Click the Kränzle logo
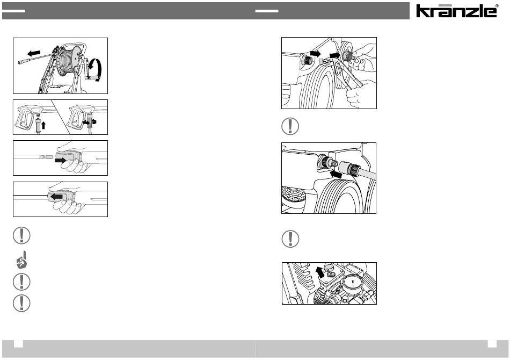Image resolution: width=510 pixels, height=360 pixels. point(456,11)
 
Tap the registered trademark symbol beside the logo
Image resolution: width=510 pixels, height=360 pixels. point(497,6)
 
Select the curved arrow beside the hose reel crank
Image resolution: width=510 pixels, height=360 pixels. point(96,69)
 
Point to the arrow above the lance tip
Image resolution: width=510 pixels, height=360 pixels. point(34,53)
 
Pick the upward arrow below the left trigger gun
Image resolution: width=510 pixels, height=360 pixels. point(43,125)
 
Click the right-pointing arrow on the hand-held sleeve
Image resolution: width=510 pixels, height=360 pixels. point(61,160)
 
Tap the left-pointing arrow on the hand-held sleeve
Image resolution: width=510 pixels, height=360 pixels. point(57,197)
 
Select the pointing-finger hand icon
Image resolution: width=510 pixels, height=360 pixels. point(21,260)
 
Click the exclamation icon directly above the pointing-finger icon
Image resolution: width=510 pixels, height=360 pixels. point(21,235)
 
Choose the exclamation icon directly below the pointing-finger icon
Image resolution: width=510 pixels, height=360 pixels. point(21,282)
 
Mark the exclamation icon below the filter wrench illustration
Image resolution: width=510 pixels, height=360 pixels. point(290,126)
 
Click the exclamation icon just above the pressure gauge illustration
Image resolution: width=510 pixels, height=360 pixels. point(290,239)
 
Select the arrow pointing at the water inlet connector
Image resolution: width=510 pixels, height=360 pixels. point(336,175)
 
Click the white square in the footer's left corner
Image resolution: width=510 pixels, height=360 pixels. point(18,344)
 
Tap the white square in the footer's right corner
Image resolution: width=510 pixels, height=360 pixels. point(492,344)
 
